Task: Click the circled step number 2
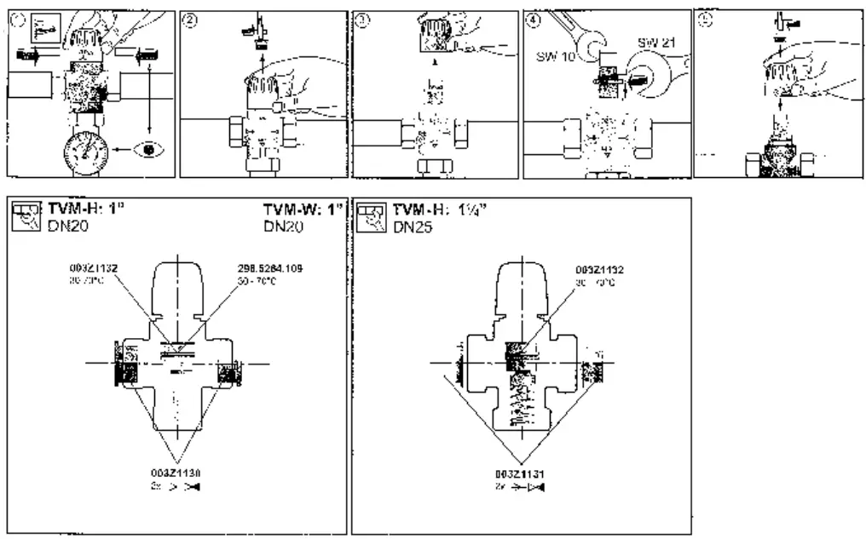(189, 21)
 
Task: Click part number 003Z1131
(519, 471)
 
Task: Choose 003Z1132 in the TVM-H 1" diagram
(95, 270)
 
